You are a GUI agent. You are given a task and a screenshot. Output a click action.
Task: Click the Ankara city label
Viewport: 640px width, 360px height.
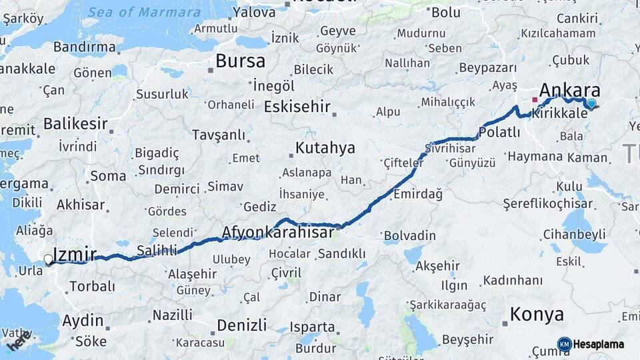point(569,91)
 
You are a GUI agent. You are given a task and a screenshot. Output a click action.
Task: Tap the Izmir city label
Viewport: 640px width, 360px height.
point(74,254)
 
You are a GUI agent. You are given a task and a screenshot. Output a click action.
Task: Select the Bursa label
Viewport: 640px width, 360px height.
point(240,61)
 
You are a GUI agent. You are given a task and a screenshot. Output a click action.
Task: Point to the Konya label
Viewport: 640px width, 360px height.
point(537,314)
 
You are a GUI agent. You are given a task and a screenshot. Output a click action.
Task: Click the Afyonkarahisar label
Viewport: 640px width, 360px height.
point(277,233)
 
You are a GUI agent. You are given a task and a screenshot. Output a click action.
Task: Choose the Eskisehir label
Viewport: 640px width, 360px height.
point(297,107)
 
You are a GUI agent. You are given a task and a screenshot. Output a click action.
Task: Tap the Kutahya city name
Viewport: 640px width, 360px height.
point(325,147)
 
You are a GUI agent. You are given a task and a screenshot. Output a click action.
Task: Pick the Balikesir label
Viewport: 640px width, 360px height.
point(75,123)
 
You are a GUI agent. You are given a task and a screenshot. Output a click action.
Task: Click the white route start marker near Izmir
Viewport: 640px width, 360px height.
point(48,259)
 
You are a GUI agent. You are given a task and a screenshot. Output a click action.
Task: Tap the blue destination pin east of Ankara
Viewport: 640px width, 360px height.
point(591,103)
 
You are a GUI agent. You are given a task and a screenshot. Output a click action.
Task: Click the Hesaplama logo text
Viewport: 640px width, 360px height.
point(599,345)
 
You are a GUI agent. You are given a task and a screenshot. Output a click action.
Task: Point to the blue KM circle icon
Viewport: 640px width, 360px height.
point(564,345)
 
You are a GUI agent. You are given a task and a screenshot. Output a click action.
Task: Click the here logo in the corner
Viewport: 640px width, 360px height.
point(19,341)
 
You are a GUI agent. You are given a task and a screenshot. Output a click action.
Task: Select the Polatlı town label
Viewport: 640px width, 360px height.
point(499,132)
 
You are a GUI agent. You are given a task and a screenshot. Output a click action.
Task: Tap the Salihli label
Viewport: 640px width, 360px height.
point(157,250)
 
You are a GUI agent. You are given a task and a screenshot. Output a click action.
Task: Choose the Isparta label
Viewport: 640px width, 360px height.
point(313,327)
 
